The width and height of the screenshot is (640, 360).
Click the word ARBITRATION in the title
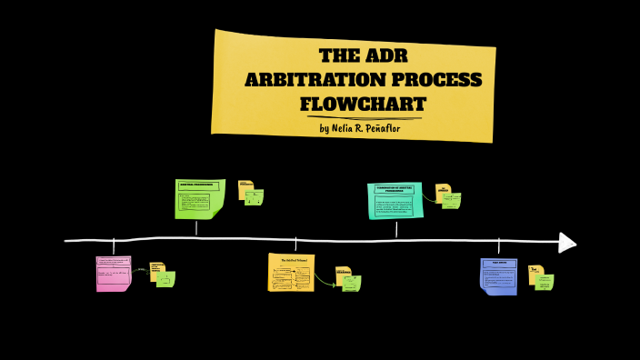pyautogui.click(x=310, y=80)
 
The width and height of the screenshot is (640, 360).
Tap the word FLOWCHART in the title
pyautogui.click(x=363, y=104)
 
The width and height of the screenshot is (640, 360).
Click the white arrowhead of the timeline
pyautogui.click(x=566, y=243)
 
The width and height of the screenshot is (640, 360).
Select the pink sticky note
pyautogui.click(x=114, y=274)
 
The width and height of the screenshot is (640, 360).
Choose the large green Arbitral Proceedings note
pyautogui.click(x=199, y=198)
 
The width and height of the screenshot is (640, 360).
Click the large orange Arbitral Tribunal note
pyautogui.click(x=291, y=273)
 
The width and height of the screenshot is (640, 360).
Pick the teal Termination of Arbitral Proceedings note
pyautogui.click(x=395, y=200)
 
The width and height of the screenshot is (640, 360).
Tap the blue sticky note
pyautogui.click(x=498, y=275)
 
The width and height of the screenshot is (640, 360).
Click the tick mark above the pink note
pyautogui.click(x=114, y=246)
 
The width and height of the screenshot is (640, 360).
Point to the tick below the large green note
pyautogui.click(x=196, y=228)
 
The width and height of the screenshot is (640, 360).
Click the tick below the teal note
pyautogui.click(x=396, y=229)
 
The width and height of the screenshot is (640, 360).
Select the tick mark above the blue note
pyautogui.click(x=498, y=247)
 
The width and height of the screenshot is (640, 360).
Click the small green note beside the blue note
pyautogui.click(x=545, y=282)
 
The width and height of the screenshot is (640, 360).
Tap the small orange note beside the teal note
pyautogui.click(x=443, y=191)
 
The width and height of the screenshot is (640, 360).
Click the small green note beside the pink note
pyautogui.click(x=165, y=279)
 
